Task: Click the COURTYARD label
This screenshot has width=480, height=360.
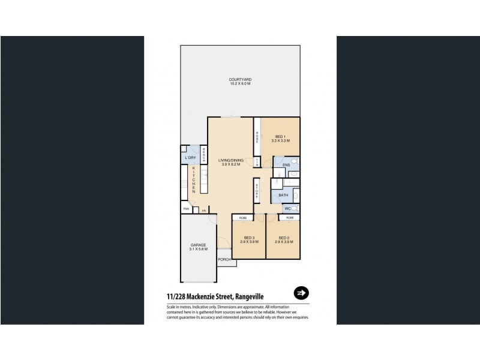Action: click(x=239, y=79)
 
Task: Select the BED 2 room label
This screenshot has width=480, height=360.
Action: click(x=284, y=238)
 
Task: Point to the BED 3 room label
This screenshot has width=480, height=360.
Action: click(x=249, y=238)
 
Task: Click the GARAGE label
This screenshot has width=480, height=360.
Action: click(x=199, y=245)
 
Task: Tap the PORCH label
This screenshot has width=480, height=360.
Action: click(x=224, y=259)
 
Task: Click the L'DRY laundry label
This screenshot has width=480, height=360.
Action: click(x=191, y=158)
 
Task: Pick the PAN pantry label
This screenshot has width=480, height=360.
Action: click(x=187, y=210)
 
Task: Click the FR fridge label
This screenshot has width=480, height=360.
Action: click(x=204, y=211)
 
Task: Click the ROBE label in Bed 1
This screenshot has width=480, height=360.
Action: click(x=256, y=137)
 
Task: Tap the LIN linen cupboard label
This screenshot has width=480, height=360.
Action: click(x=256, y=162)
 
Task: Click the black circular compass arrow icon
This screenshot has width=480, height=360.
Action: click(x=301, y=293)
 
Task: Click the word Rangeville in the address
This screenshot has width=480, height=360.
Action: click(x=247, y=295)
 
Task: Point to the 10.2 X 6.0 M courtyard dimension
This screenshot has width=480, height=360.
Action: click(x=239, y=84)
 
